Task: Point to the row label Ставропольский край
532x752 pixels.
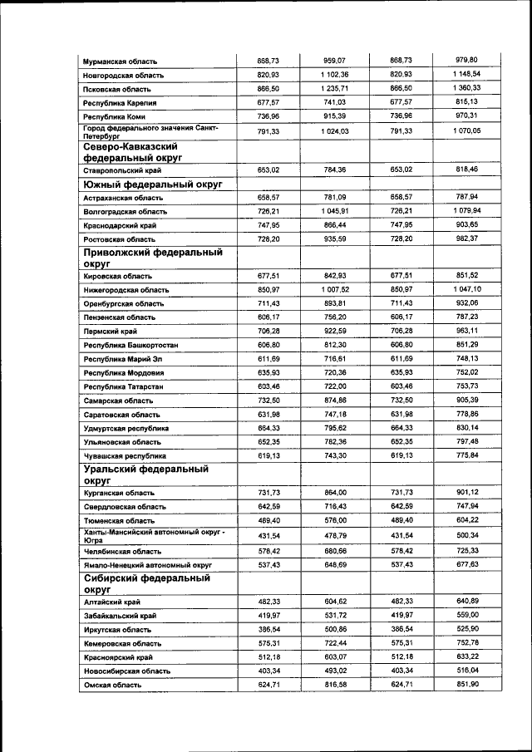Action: coord(123,170)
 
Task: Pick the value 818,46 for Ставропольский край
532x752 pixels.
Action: coord(467,169)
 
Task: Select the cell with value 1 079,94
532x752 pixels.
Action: coord(466,211)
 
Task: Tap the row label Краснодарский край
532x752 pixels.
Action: coord(123,225)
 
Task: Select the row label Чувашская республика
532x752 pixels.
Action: coord(125,456)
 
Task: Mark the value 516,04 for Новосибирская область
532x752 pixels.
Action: coord(467,670)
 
